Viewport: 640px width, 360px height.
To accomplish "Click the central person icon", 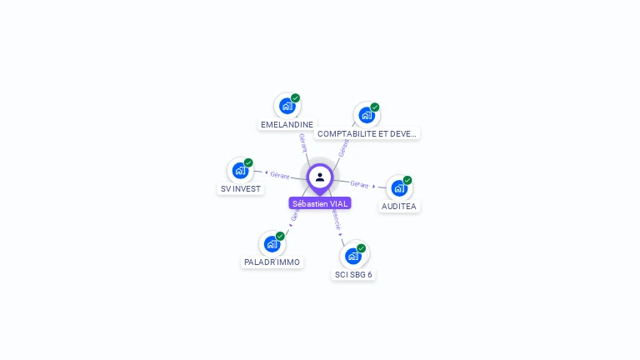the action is point(320,177).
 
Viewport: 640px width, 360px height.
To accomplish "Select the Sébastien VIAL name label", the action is point(320,203).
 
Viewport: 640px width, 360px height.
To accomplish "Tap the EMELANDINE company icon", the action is point(287,106).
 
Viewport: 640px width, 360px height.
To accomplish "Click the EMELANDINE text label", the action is point(287,125).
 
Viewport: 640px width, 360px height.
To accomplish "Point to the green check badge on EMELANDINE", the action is point(295,98).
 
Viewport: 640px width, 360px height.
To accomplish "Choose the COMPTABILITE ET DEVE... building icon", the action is point(366,115).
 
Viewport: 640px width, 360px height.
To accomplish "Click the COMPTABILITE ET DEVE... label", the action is point(367,133).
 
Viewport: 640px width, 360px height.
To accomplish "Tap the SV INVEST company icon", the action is point(240,171).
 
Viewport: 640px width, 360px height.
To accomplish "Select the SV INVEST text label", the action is point(240,189).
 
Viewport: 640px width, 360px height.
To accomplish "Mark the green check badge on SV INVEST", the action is point(248,162).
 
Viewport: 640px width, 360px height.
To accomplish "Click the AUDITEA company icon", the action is point(399,187).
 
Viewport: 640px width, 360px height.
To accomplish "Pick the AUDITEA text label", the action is point(399,206).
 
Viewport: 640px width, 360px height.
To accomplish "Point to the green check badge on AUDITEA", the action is point(407,180).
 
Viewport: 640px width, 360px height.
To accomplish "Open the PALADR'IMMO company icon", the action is point(272,244).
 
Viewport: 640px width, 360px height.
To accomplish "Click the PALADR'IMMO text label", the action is point(272,262).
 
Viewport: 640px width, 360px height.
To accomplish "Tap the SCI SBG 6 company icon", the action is point(353,256).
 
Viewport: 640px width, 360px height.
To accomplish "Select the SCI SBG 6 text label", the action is point(353,274).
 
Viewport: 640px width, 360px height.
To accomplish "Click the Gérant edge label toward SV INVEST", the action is point(279,175).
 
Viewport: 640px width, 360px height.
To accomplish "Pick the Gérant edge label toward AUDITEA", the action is point(359,183).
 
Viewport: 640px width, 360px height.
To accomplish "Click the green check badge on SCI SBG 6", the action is point(361,248).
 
